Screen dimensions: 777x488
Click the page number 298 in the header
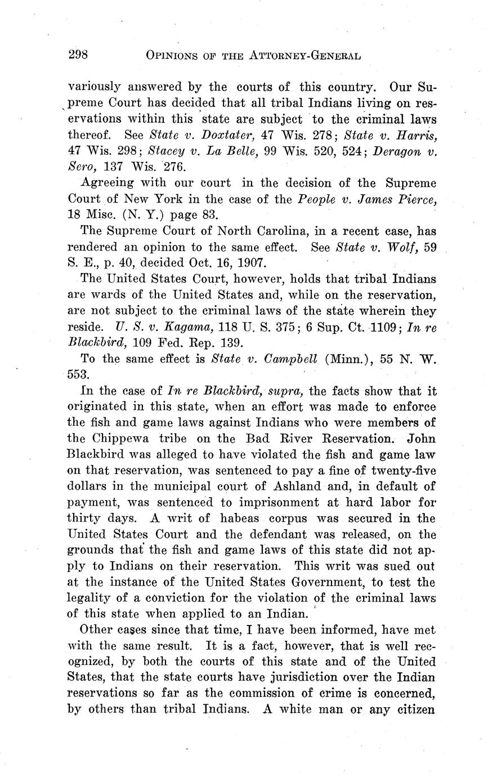[78, 55]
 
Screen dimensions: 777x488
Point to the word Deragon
[413, 151]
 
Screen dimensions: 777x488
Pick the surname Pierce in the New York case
[417, 199]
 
